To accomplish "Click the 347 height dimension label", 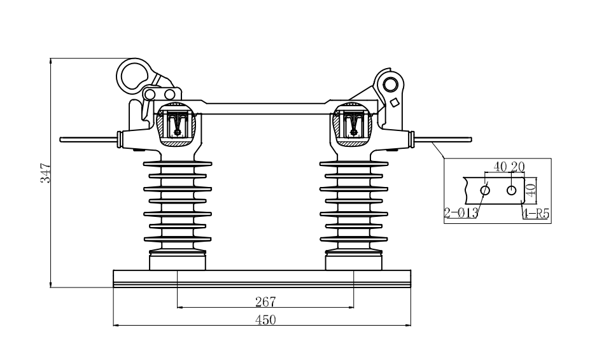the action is (45, 173).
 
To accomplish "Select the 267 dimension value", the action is (265, 301).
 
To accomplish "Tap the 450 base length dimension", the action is (265, 320).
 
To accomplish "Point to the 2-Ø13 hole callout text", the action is (461, 213).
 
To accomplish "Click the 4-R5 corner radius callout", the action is (536, 214).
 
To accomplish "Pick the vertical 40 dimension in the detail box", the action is (531, 190).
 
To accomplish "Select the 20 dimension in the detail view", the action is (517, 166).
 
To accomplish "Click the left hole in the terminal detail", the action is (485, 190).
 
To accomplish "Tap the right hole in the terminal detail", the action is (511, 190).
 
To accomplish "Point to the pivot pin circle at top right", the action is (391, 83).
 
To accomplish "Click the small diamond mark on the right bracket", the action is (395, 102).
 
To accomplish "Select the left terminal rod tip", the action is (60, 139).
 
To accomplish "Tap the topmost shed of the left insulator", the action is (178, 163).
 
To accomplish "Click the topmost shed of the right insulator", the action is (354, 163).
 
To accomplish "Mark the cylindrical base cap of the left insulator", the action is (178, 261).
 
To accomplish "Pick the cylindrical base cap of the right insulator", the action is (354, 261).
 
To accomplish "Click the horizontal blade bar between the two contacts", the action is (265, 107).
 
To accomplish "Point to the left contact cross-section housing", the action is (176, 124).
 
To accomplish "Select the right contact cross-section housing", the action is (353, 124).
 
